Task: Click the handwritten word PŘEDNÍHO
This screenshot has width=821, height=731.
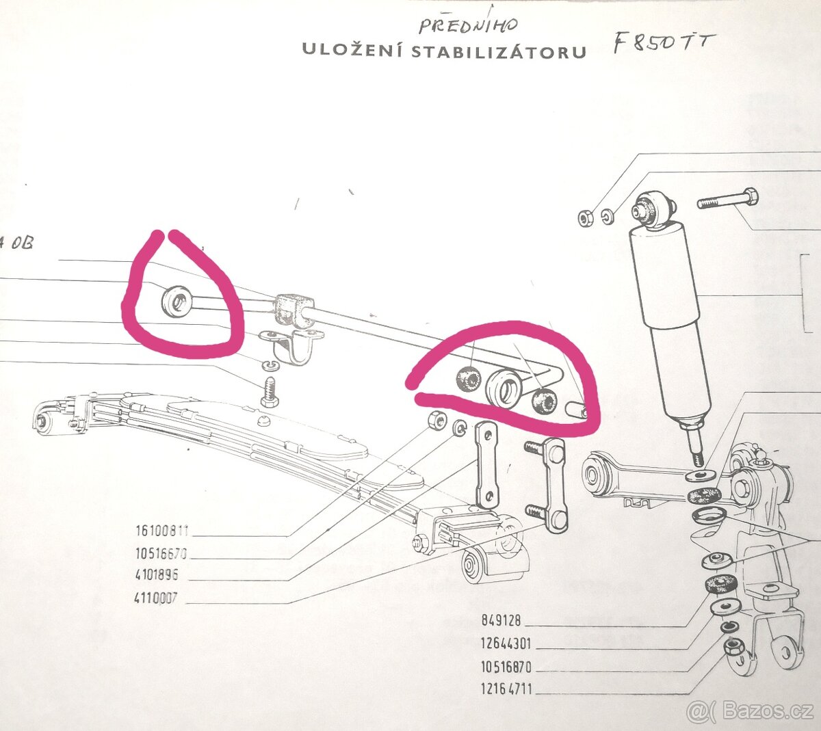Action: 469,26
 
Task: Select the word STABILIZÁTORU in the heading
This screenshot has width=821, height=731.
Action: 499,52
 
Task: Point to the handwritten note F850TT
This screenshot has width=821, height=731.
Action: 661,43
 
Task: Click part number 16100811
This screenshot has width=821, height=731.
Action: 161,531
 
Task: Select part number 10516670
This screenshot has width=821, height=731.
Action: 161,553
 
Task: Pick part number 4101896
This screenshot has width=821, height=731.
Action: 157,575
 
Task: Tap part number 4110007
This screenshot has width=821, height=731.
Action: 156,598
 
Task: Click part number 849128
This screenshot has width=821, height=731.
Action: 501,621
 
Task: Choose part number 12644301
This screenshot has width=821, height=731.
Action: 506,643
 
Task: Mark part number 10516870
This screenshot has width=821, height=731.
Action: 506,667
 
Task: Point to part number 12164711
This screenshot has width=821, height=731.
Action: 506,689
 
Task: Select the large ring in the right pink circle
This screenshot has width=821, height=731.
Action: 506,389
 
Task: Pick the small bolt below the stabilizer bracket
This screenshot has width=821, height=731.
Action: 269,392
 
